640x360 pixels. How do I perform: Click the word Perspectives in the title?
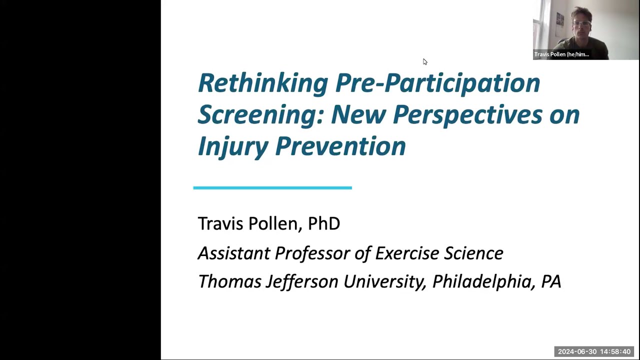[467, 115]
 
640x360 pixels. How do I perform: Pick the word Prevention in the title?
[340, 146]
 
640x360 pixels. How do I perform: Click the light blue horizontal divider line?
[272, 188]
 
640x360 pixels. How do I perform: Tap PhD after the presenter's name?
[323, 223]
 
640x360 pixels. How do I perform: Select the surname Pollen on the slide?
[274, 223]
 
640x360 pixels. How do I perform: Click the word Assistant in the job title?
[233, 253]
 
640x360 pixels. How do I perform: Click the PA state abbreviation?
[551, 281]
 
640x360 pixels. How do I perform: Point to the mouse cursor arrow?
[424, 61]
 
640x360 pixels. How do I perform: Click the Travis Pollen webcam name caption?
[561, 54]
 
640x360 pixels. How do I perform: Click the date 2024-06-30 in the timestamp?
[577, 352]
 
